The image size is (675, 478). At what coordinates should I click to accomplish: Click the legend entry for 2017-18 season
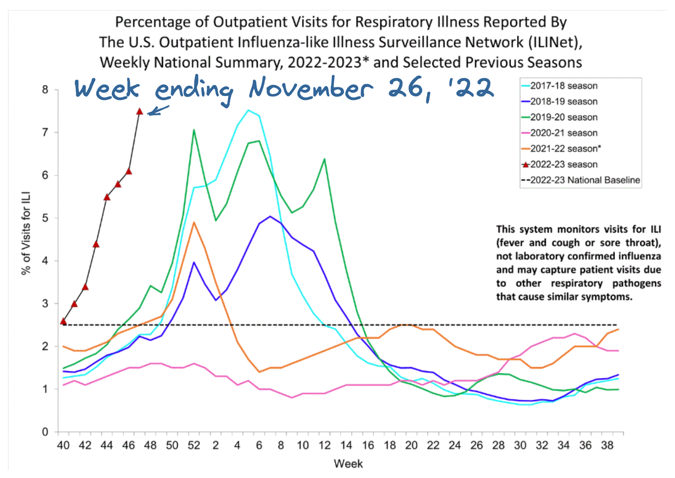[x=563, y=86]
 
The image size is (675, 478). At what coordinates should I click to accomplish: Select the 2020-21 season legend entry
[x=563, y=133]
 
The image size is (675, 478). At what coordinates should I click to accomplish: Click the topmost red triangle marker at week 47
[x=139, y=111]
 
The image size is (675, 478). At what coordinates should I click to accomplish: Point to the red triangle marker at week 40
[x=63, y=321]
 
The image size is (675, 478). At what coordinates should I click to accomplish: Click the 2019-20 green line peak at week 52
[x=194, y=130]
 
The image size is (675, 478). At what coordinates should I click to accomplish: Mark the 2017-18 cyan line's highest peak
[x=248, y=110]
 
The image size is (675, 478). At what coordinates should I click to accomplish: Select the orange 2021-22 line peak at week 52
[x=194, y=222]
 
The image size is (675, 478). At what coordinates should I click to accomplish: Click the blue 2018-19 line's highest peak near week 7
[x=270, y=216]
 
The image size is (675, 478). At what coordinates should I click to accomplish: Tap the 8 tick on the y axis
[x=45, y=90]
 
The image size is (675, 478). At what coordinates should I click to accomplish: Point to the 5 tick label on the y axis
[x=45, y=218]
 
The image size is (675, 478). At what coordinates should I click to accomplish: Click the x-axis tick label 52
[x=194, y=446]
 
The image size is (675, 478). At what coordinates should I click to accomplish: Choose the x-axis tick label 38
[x=607, y=446]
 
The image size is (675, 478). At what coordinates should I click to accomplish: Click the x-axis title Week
[x=348, y=464]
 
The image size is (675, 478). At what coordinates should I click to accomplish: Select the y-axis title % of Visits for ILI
[x=26, y=233]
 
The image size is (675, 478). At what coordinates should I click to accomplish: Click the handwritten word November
[x=311, y=88]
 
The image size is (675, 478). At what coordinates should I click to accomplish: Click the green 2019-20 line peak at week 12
[x=324, y=159]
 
